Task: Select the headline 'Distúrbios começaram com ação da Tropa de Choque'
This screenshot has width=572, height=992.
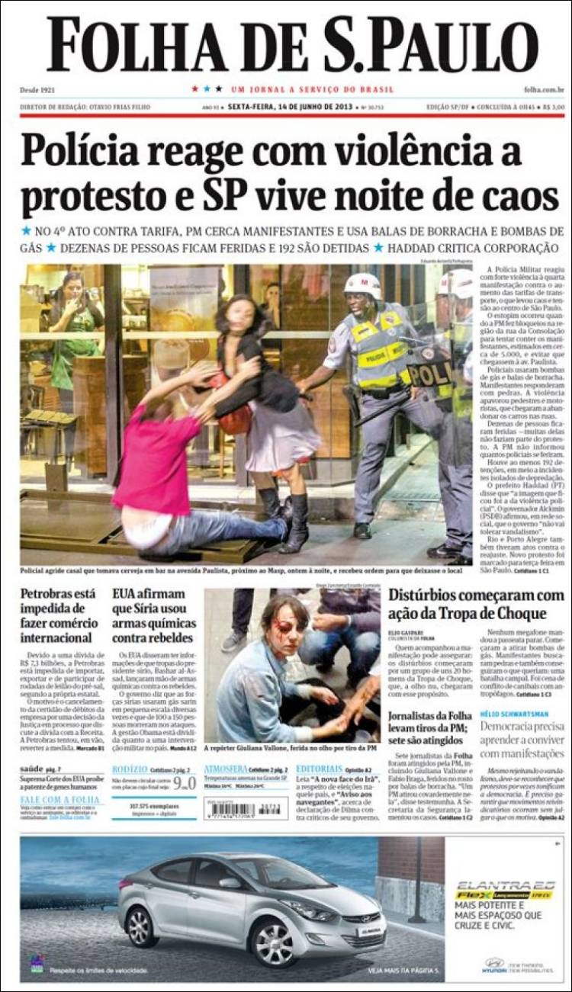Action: [x=476, y=605]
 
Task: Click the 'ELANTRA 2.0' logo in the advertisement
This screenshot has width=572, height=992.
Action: [x=504, y=887]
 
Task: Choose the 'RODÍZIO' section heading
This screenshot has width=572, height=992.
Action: [x=129, y=769]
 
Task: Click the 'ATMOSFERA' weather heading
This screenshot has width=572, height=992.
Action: [x=226, y=769]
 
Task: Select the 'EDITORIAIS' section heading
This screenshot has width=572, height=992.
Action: [x=319, y=769]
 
